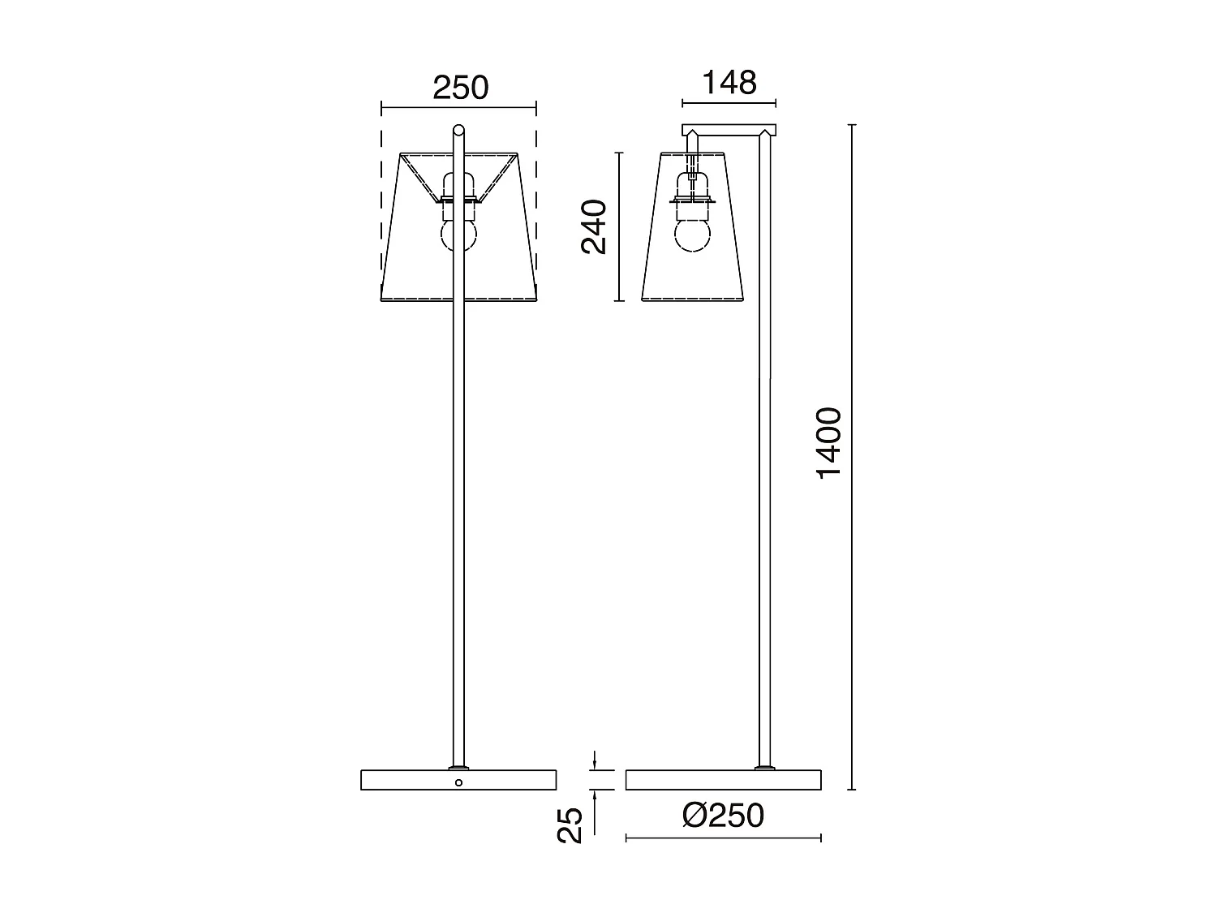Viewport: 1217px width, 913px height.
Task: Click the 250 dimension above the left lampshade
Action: [x=460, y=88]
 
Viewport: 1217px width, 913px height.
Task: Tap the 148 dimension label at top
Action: [x=729, y=83]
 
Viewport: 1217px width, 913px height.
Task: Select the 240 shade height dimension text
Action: [x=595, y=226]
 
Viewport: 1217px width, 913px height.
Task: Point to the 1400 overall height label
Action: [x=829, y=444]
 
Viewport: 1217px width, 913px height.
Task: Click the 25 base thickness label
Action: [x=571, y=825]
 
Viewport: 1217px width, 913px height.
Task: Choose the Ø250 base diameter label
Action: [x=723, y=816]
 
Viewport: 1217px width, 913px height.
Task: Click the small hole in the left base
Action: [x=458, y=782]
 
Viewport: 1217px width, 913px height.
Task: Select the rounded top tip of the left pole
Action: [x=458, y=129]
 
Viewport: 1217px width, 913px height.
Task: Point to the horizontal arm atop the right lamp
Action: [x=729, y=130]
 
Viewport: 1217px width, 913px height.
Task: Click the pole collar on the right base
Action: [x=763, y=767]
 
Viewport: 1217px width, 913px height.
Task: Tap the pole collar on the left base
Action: [x=458, y=767]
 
